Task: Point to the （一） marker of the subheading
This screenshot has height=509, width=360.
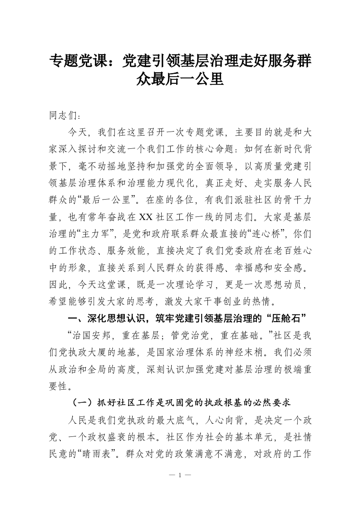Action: click(x=82, y=403)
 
